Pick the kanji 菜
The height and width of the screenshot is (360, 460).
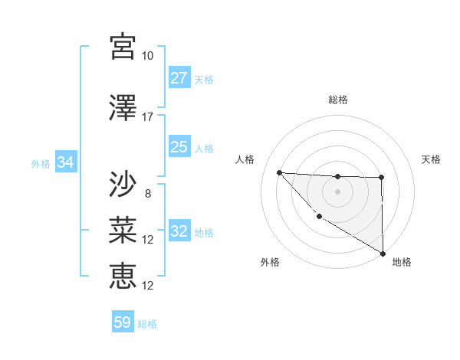pos(123,229)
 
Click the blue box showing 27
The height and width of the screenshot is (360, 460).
pos(179,78)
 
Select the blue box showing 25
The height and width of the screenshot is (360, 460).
pos(179,147)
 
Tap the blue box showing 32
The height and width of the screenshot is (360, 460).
pos(179,231)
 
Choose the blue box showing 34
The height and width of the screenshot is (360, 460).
pos(66,162)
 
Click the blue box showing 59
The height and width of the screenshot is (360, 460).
pos(123,322)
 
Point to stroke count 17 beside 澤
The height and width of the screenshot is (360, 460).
pos(148,117)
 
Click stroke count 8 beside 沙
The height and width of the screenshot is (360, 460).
pos(147,194)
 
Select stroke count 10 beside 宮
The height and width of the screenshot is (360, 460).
pos(147,56)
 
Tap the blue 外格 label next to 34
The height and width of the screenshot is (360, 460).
pos(41,163)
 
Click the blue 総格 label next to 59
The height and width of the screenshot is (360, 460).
pos(147,323)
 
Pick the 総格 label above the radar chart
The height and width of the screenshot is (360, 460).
pos(338,100)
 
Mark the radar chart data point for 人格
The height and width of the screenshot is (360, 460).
pos(279,172)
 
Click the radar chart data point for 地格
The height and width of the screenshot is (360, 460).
pos(383,254)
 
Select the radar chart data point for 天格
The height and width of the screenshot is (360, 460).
pos(382,178)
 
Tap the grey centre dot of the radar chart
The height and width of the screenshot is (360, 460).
pos(337,191)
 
